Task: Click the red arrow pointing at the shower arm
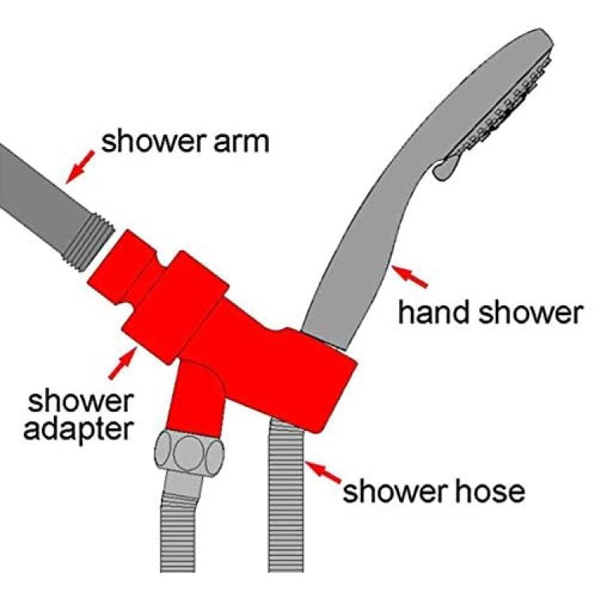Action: pyautogui.click(x=80, y=167)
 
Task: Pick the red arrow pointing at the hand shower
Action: pyautogui.click(x=409, y=276)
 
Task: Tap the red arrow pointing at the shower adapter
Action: pyautogui.click(x=122, y=362)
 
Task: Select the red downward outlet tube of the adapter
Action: pyautogui.click(x=195, y=397)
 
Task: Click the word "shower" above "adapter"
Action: pyautogui.click(x=80, y=401)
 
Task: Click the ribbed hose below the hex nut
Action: pyautogui.click(x=178, y=532)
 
